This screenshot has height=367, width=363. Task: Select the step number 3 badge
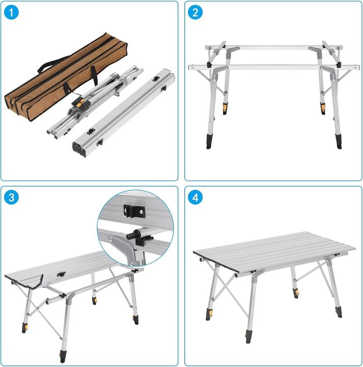point(12,197)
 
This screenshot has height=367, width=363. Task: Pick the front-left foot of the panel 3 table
point(24,328)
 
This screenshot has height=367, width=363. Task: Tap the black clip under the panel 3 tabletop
point(62,274)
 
